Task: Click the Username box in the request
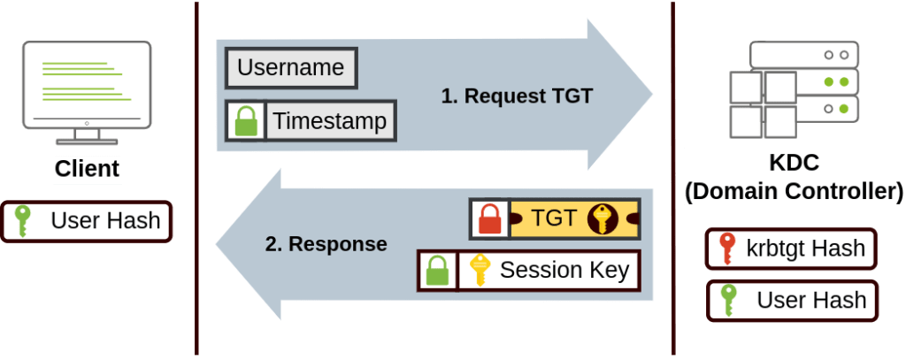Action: coord(291,67)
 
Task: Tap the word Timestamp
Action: coord(329,121)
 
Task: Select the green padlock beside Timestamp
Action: coord(246,121)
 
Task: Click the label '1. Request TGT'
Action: coord(517,96)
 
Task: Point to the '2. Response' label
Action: coord(326,244)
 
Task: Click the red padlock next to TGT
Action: coord(490,219)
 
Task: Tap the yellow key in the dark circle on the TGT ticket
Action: coord(603,218)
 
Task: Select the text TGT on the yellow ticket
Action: coord(554,218)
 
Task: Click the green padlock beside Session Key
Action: coord(437,271)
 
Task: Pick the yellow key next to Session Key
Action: coord(479,270)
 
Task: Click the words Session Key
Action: coord(564,270)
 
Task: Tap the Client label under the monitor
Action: coord(88,169)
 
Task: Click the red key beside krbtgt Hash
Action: coord(726,249)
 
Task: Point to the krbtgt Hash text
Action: coord(805,249)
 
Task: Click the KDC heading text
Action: coord(794,164)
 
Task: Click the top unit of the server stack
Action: coord(804,54)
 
